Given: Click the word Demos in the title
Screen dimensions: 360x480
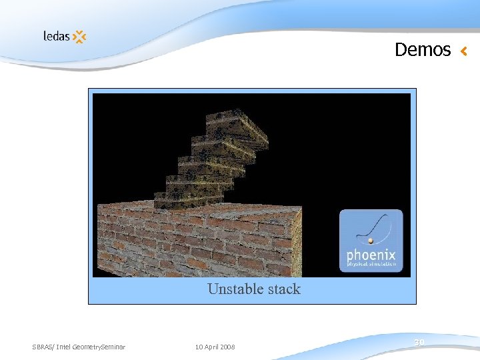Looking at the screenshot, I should (423, 50).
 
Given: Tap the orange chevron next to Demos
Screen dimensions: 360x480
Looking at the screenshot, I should (464, 51).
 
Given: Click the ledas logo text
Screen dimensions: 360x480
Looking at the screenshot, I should (57, 36).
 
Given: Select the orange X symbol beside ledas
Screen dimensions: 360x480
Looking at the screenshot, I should (79, 37).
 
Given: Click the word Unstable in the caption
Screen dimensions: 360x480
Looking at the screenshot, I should (233, 289).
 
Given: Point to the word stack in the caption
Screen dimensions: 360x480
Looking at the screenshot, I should (283, 289).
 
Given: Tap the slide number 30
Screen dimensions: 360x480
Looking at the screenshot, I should (419, 343).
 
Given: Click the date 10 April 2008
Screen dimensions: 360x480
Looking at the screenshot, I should (215, 347).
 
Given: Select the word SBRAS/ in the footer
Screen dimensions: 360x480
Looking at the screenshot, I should (43, 347).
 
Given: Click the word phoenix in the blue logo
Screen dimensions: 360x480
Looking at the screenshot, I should (371, 255).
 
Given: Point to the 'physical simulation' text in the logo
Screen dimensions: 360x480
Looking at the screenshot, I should (371, 265).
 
